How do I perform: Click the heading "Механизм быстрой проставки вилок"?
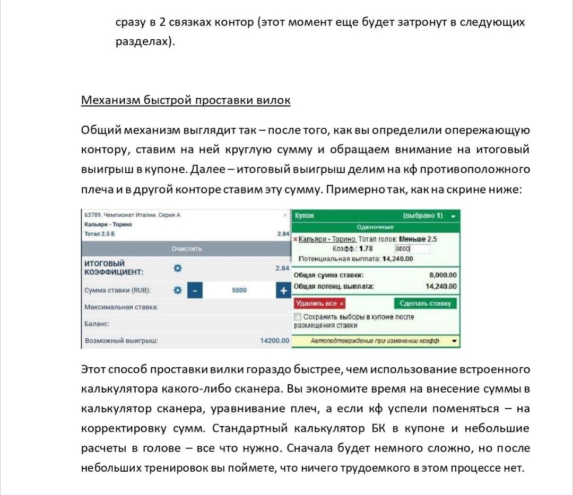pyautogui.click(x=185, y=101)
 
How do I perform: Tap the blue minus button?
pyautogui.click(x=195, y=290)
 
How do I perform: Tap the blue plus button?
pyautogui.click(x=283, y=290)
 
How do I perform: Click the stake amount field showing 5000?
pyautogui.click(x=239, y=290)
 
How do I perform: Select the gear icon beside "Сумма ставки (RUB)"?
pyautogui.click(x=178, y=290)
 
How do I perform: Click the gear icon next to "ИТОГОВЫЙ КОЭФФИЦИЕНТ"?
pyautogui.click(x=178, y=268)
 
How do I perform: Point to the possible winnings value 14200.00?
pyautogui.click(x=274, y=340)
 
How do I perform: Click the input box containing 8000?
pyautogui.click(x=412, y=249)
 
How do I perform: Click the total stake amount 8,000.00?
pyautogui.click(x=442, y=275)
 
